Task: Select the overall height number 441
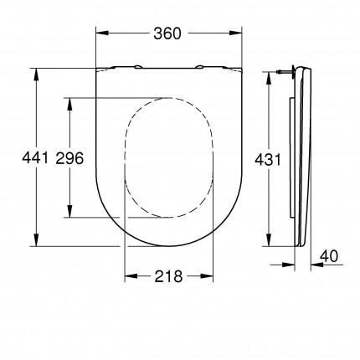click(x=21, y=158)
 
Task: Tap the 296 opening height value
click(x=69, y=158)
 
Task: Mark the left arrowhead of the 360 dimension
click(x=101, y=33)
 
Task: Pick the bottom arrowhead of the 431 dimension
click(x=268, y=244)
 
